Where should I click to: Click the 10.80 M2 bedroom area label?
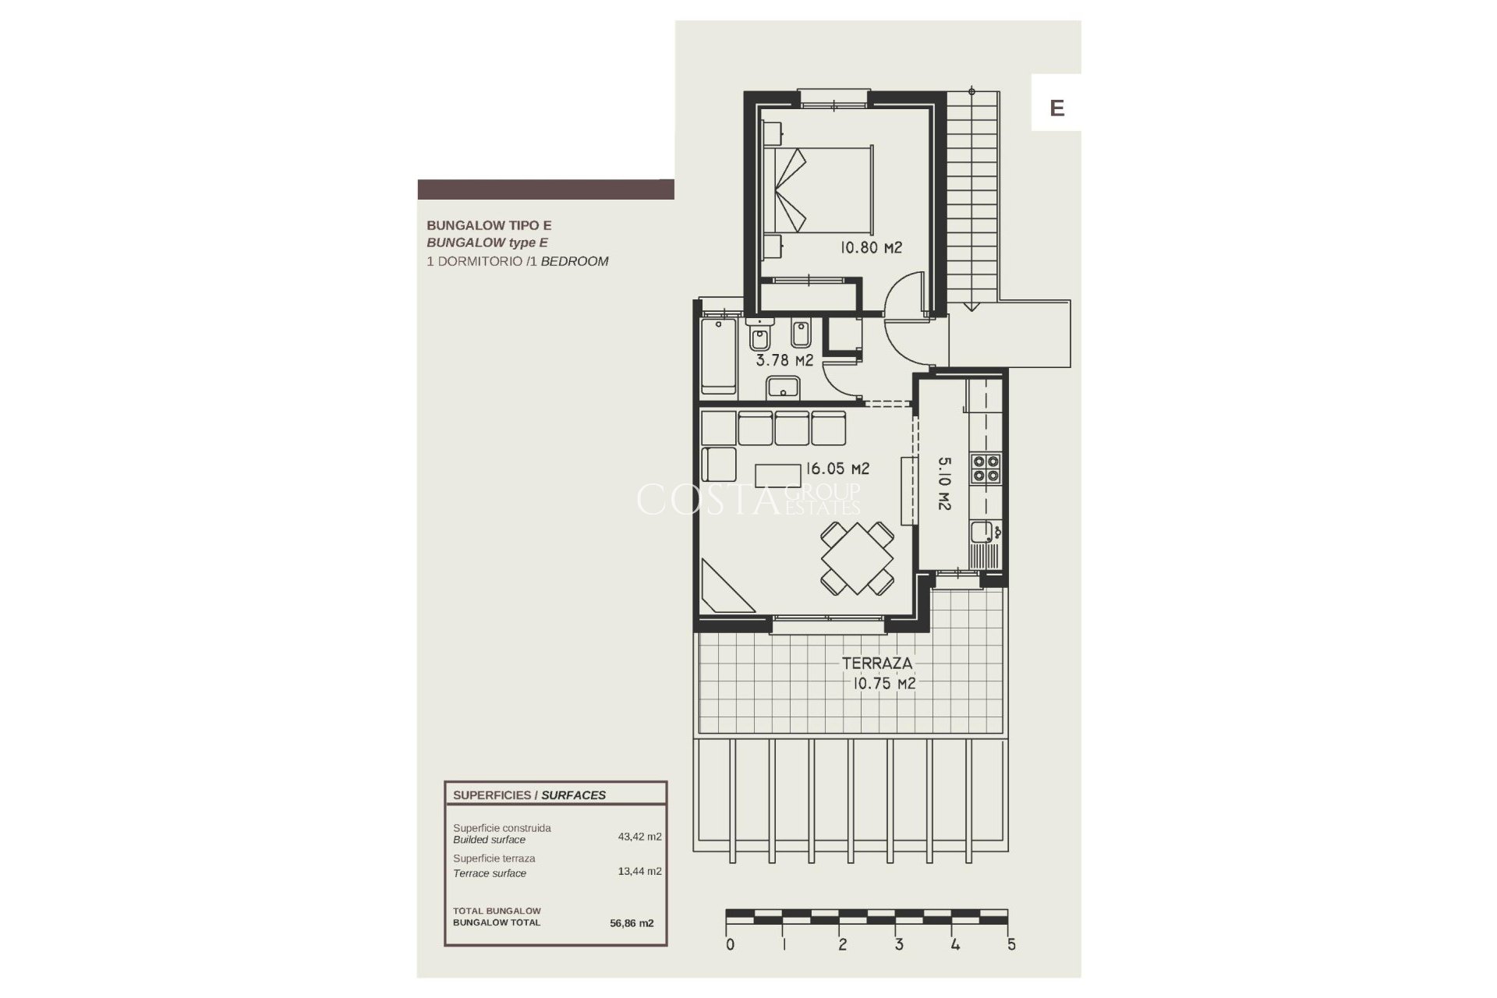click(870, 248)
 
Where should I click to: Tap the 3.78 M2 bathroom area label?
click(784, 360)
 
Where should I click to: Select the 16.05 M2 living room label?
click(837, 469)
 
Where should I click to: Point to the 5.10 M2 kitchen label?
click(943, 483)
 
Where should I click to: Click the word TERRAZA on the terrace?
click(876, 664)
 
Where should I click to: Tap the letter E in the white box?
click(1056, 108)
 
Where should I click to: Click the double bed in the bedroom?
click(819, 189)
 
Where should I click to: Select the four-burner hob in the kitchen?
click(985, 469)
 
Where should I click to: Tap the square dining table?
click(857, 558)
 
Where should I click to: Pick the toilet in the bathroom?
click(759, 335)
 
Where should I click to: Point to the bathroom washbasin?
click(783, 388)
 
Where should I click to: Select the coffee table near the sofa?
click(777, 476)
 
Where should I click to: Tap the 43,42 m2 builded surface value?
click(639, 837)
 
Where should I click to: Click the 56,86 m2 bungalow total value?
click(632, 923)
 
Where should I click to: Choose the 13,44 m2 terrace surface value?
click(639, 871)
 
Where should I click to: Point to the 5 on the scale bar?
click(1011, 945)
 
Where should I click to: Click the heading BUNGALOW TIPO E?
click(489, 225)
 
